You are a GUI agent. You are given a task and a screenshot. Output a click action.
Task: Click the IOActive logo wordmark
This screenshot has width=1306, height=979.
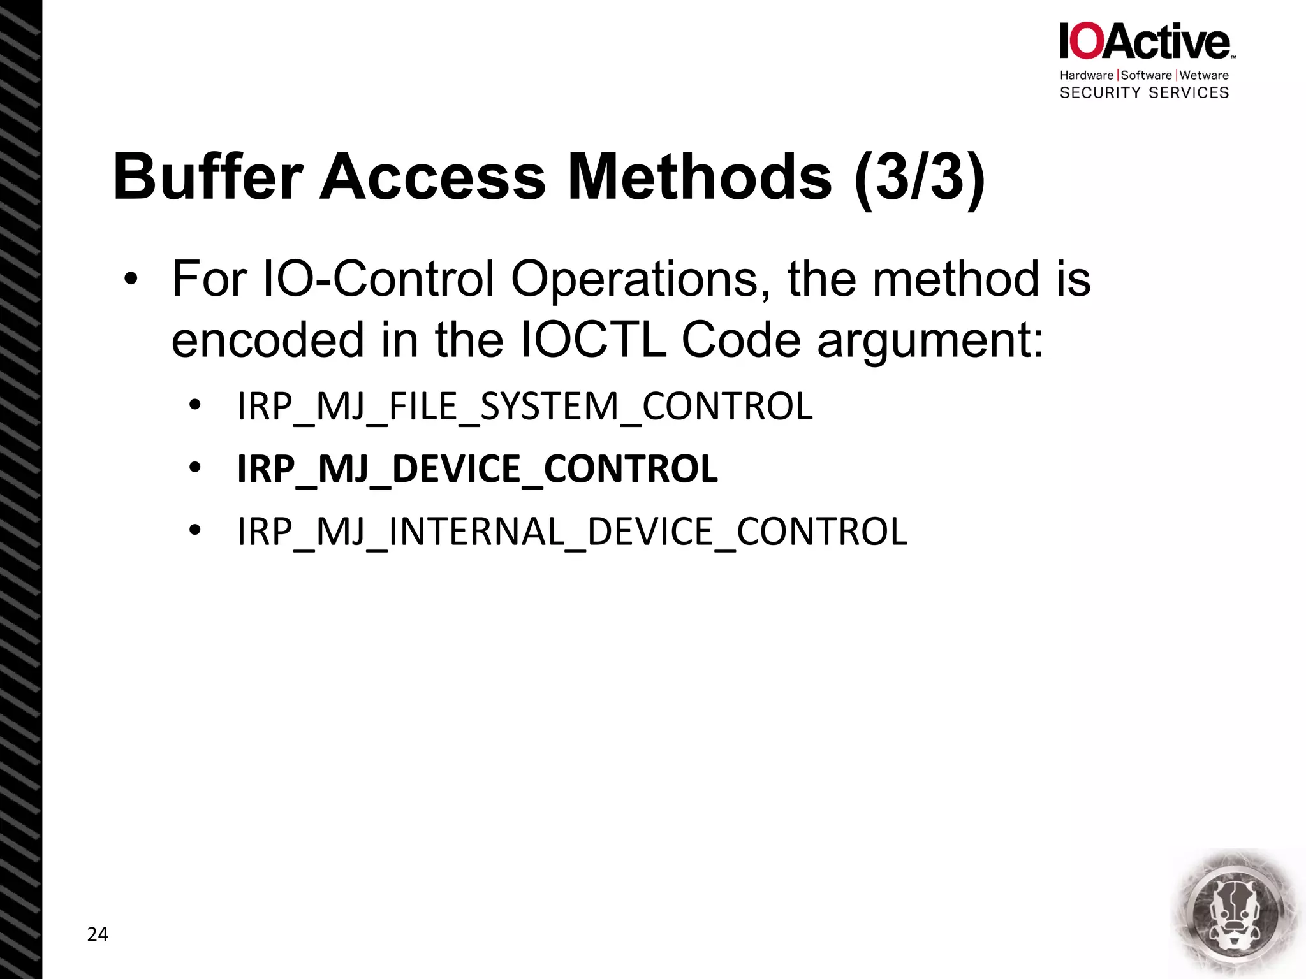point(1145,41)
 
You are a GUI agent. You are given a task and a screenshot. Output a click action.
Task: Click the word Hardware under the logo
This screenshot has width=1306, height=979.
point(1086,75)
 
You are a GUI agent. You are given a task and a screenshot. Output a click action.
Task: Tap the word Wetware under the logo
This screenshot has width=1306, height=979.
point(1204,75)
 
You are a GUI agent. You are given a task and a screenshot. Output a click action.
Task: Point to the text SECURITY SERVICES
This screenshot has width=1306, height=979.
point(1144,93)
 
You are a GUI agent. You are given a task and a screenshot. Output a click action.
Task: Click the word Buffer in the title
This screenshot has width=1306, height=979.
point(208,177)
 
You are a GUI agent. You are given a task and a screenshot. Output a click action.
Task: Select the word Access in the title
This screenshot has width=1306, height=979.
point(432,177)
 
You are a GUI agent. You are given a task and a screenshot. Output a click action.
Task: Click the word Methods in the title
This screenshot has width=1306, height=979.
point(700,177)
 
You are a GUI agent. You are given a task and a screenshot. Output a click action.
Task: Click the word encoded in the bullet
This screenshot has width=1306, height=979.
point(268,339)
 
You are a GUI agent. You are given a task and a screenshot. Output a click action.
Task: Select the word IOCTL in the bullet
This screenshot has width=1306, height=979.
point(593,339)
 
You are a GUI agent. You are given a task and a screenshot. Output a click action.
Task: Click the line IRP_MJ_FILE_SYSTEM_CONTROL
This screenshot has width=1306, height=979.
point(525,407)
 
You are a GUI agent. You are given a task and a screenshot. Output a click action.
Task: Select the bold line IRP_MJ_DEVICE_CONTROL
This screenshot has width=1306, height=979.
point(477,469)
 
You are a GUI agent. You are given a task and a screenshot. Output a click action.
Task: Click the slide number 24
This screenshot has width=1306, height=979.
point(98,934)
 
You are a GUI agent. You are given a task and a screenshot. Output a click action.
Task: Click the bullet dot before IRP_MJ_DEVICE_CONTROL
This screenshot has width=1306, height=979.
point(195,468)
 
